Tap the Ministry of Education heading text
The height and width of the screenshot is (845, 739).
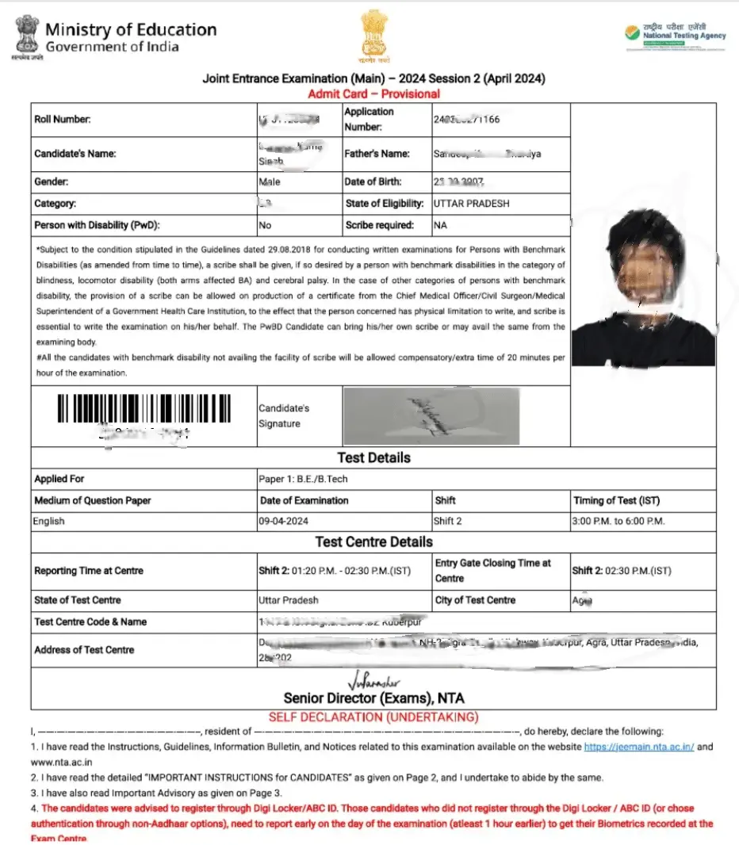point(130,30)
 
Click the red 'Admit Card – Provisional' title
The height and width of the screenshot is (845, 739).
point(373,94)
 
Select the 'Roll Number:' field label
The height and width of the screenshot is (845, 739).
point(63,120)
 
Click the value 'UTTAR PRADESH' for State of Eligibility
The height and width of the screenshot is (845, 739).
point(472,204)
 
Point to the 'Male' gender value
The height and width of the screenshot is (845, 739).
point(270,182)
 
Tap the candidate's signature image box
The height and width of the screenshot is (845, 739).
point(431,415)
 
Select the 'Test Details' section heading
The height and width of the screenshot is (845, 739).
point(373,457)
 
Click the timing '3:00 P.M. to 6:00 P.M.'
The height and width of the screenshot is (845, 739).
point(618,522)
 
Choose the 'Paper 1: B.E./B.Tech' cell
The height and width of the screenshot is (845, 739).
point(304,479)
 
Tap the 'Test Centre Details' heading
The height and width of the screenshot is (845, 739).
point(373,542)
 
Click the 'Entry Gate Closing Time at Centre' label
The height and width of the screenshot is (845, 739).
point(492,570)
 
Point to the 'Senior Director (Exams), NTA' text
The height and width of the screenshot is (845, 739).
point(373,698)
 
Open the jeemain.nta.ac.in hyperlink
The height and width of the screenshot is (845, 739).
point(639,747)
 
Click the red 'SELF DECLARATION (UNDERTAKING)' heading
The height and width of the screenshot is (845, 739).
point(373,717)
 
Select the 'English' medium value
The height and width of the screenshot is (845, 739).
point(49,522)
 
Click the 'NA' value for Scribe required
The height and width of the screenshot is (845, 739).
point(440,225)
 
